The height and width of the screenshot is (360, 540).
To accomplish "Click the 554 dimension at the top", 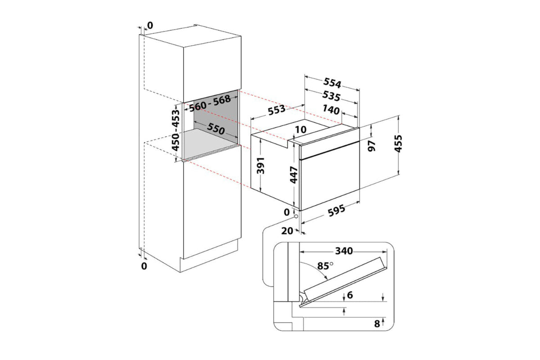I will click(331, 83).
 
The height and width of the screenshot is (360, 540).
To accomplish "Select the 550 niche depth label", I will click(216, 129).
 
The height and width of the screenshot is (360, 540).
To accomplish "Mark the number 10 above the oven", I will click(301, 130).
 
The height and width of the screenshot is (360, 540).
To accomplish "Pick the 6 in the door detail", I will click(350, 295).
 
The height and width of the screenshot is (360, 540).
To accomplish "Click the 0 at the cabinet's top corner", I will click(150, 25).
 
